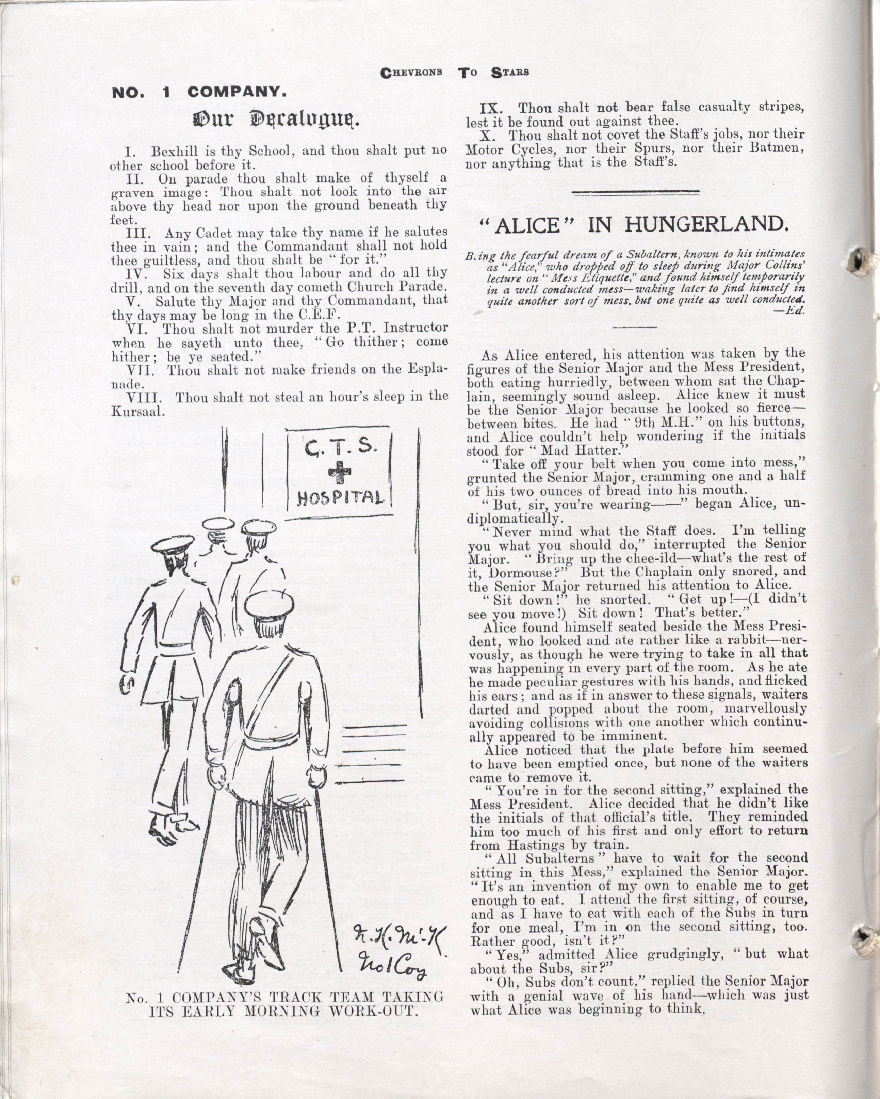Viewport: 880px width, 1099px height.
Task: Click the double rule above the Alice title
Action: click(x=636, y=192)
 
